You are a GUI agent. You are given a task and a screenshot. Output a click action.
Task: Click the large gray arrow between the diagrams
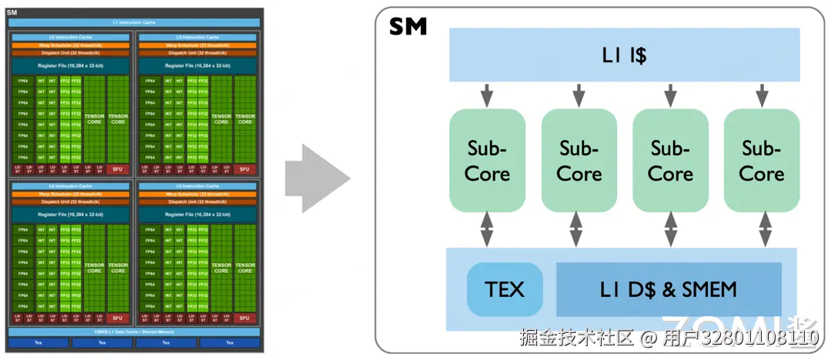click(316, 178)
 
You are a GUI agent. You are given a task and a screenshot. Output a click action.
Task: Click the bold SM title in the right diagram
click(408, 27)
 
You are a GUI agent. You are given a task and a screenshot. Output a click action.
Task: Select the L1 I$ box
click(624, 55)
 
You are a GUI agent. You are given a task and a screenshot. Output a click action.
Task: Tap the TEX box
click(505, 289)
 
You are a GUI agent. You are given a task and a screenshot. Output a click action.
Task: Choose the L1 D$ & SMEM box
click(668, 289)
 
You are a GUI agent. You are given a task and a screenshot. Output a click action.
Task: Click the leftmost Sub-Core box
click(487, 160)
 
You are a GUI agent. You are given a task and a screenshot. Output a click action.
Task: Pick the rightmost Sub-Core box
click(762, 160)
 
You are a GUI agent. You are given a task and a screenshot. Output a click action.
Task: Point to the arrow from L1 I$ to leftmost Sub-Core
click(487, 95)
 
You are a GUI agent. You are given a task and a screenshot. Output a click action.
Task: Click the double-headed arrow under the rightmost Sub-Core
click(765, 228)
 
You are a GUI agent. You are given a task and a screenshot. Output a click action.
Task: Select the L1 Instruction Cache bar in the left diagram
click(134, 22)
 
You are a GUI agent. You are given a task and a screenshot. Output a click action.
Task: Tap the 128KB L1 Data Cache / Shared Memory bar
click(134, 332)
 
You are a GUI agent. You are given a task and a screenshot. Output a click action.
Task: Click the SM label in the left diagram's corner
click(12, 12)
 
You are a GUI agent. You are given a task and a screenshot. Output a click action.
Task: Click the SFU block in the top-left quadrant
click(118, 169)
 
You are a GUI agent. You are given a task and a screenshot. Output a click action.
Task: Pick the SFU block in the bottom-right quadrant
click(245, 318)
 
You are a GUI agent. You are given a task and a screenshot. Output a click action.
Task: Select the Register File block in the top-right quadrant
click(198, 66)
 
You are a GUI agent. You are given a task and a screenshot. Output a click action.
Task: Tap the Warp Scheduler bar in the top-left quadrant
click(70, 45)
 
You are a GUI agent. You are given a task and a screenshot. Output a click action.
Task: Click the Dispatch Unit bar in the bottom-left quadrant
click(70, 202)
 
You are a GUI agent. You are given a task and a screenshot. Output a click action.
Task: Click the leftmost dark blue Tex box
click(38, 342)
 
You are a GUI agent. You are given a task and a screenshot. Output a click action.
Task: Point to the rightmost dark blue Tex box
click(229, 342)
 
